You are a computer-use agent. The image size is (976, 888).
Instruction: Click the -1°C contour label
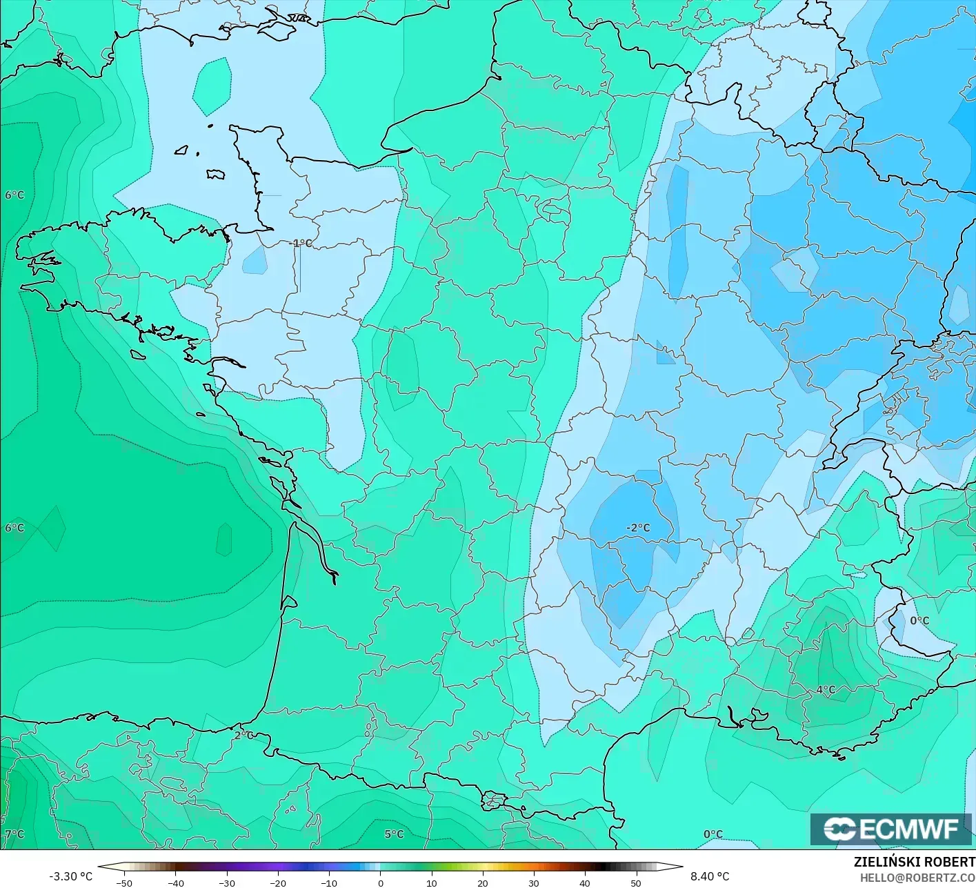(301, 243)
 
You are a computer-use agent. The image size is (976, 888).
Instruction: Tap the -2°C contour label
(638, 528)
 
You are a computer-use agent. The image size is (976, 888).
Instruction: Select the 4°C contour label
(826, 689)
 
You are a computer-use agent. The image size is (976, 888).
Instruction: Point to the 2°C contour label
(243, 735)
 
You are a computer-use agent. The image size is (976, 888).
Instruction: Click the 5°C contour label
(394, 834)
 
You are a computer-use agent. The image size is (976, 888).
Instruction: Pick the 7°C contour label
(14, 834)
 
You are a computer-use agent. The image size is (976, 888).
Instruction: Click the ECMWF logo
(891, 829)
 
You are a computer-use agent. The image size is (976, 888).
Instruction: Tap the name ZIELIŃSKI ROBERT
(914, 862)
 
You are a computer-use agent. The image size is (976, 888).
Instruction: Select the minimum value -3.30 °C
(70, 876)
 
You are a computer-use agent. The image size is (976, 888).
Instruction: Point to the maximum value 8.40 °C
(710, 876)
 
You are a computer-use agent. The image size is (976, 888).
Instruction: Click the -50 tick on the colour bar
(124, 882)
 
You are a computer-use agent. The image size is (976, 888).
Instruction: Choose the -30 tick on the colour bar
(227, 882)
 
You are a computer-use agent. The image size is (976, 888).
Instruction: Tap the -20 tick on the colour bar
(278, 882)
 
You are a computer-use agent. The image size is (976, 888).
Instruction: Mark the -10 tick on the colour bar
(329, 882)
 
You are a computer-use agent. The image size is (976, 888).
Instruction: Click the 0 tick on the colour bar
(380, 882)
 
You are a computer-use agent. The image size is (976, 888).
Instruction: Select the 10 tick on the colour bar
(431, 882)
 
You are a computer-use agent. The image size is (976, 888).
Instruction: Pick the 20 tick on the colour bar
(482, 882)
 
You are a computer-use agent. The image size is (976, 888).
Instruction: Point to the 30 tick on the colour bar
(533, 882)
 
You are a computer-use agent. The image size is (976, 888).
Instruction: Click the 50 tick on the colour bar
(635, 882)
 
